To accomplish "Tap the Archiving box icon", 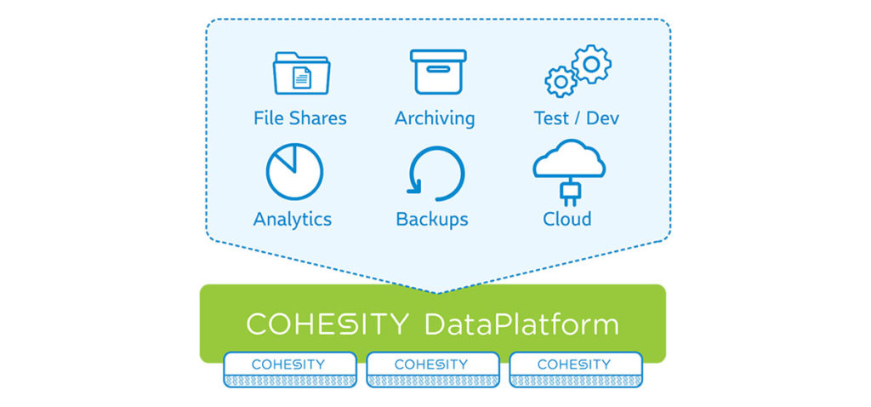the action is coord(438,72).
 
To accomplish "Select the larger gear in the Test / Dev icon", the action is coord(592,65).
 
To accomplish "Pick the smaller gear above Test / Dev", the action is coord(561,82).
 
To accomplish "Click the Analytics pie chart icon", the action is coord(294,171).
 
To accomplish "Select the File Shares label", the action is coord(300,118).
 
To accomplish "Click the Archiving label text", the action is coord(435,119).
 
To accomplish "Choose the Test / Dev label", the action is coord(577,118).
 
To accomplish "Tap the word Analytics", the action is coord(293,220).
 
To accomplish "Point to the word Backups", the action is coord(432,220).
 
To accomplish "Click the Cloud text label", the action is coord(567,219).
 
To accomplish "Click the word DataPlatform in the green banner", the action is coord(521,324).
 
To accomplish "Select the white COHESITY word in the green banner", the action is coord(327,324).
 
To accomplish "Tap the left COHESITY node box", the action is coord(290,370).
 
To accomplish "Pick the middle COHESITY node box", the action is coord(433,370).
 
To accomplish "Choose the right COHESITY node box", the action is coord(576,370).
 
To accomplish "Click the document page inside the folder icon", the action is coord(302,77).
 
